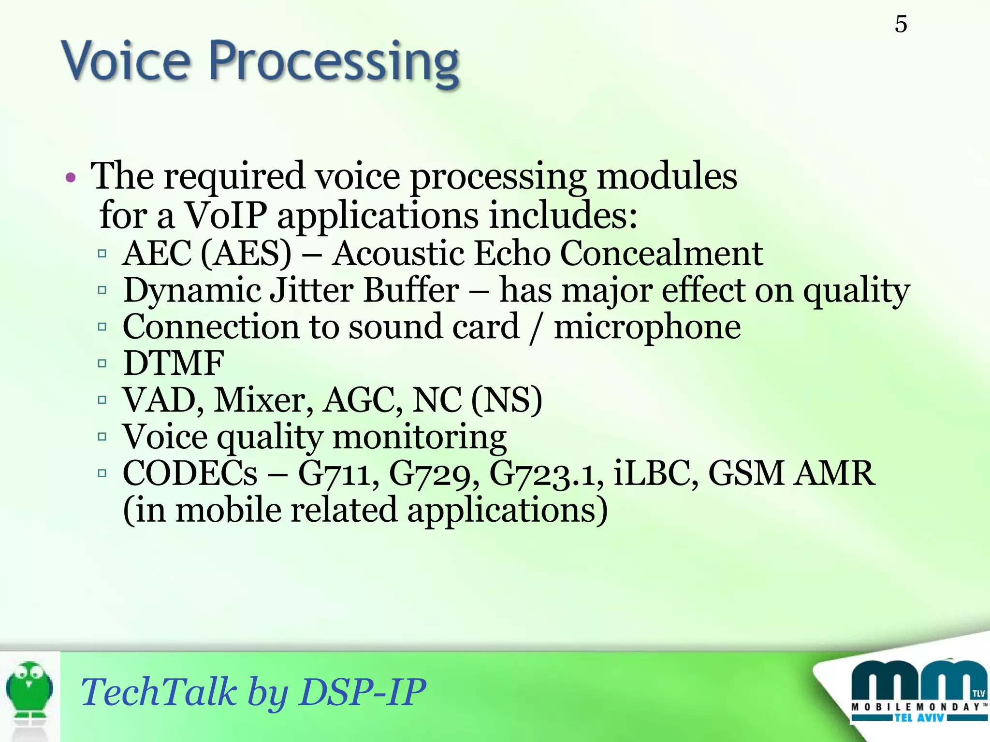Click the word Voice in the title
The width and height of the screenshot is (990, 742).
(x=125, y=62)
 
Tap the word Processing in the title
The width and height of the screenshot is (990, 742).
(x=334, y=64)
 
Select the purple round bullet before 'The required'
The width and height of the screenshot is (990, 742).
(x=71, y=178)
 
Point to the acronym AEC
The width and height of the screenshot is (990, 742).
(x=157, y=253)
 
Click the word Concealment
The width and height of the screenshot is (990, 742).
(x=661, y=253)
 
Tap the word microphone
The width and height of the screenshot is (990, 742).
(x=647, y=328)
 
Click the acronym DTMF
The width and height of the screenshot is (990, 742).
(x=174, y=363)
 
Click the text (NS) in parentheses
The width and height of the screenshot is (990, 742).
(x=506, y=400)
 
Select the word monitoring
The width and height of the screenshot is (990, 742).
(x=419, y=437)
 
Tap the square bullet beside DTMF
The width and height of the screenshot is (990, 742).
(x=102, y=363)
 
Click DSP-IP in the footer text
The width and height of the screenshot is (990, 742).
(x=362, y=692)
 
